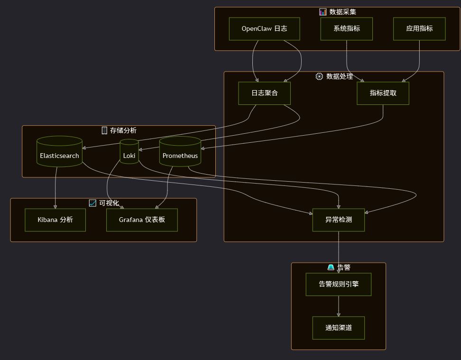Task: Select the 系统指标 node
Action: tap(346, 29)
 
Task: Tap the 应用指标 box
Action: tap(419, 29)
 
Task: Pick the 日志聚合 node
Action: tap(264, 93)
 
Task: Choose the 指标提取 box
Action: tap(383, 93)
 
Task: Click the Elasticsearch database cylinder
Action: tap(59, 152)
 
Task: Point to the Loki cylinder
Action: tap(129, 152)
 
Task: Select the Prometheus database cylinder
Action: tap(180, 152)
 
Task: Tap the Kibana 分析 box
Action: tap(55, 220)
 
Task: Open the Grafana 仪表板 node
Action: tap(142, 220)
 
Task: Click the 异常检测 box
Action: tap(338, 220)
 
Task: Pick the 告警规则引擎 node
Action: tap(338, 285)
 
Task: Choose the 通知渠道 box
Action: tap(338, 328)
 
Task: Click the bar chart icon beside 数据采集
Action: tap(323, 12)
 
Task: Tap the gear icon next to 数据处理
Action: tap(319, 76)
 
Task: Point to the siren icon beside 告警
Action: tap(331, 268)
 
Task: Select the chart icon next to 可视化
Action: tap(92, 203)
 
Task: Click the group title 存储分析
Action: tap(123, 130)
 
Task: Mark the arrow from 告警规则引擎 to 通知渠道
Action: tap(338, 306)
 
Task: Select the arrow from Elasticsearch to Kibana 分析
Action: tap(55, 187)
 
